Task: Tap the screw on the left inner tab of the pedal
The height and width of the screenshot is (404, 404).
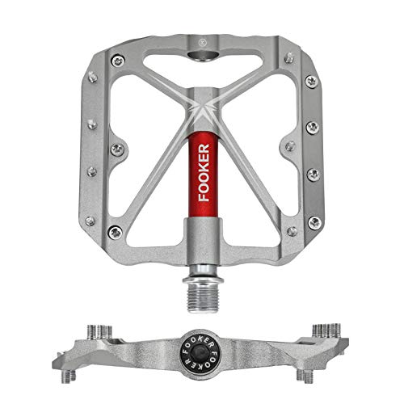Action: click(118, 147)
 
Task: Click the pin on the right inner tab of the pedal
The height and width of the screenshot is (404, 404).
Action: click(286, 147)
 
